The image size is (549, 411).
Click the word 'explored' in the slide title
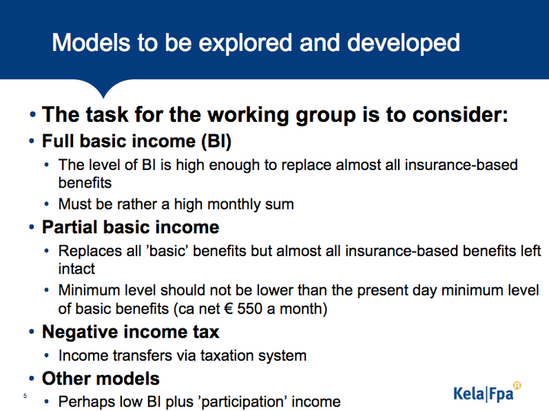click(246, 43)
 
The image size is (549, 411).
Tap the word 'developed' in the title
click(403, 43)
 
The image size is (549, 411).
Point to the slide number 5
click(25, 396)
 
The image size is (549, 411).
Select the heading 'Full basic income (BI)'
click(136, 141)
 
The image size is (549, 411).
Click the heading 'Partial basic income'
click(130, 227)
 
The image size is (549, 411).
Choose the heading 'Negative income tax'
click(130, 332)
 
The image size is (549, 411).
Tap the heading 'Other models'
click(101, 378)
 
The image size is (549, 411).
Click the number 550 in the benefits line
click(249, 308)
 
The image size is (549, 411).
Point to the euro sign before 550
click(228, 309)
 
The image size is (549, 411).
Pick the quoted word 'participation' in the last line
click(243, 402)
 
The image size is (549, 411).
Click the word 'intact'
click(76, 269)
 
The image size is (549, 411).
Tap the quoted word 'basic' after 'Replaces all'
click(169, 251)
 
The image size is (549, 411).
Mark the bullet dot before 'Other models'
click(32, 379)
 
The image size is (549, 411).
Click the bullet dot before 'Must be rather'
click(47, 204)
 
